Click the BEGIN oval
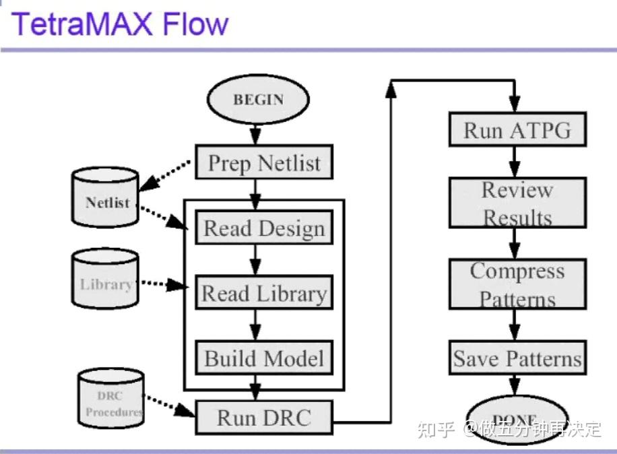pos(258,100)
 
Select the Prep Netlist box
pos(264,162)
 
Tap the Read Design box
pos(264,228)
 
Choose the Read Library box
pos(264,292)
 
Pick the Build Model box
pos(264,357)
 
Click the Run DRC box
pos(264,417)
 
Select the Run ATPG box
pos(517,129)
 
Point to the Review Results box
pos(517,202)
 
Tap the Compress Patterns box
pos(517,284)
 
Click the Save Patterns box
pos(517,357)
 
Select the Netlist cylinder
pos(106,197)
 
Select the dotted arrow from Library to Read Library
pos(162,285)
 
